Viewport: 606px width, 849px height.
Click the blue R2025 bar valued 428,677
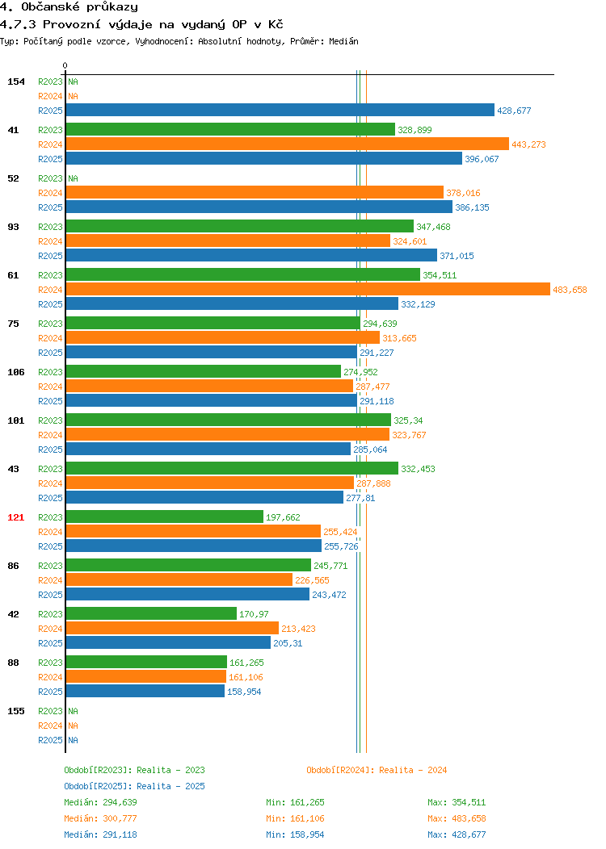[x=280, y=111]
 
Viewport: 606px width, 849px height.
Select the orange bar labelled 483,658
[x=308, y=290]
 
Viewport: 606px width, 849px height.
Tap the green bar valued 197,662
[x=165, y=517]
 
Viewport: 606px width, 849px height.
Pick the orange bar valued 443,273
[x=288, y=144]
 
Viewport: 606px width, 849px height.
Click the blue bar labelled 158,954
[x=145, y=692]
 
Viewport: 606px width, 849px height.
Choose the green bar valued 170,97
[x=151, y=614]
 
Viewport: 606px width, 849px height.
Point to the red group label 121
[x=15, y=517]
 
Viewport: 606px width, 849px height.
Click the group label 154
[x=15, y=82]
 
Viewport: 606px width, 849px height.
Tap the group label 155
[x=15, y=711]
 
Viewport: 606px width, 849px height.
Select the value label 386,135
[x=472, y=207]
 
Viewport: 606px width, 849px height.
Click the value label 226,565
[x=312, y=580]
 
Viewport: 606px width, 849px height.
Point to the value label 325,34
[x=408, y=420]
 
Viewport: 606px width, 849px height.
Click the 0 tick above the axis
[x=65, y=65]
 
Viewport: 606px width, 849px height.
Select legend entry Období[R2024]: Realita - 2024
[x=377, y=770]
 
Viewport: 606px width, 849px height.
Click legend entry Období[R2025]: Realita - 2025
[x=134, y=786]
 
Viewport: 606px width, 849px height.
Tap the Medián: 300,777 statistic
[x=100, y=818]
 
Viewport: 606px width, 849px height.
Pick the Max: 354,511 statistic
[x=457, y=802]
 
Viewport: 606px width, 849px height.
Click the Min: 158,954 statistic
[x=295, y=834]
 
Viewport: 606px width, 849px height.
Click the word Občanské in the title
[x=50, y=7]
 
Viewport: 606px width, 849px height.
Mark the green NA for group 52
[x=74, y=178]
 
